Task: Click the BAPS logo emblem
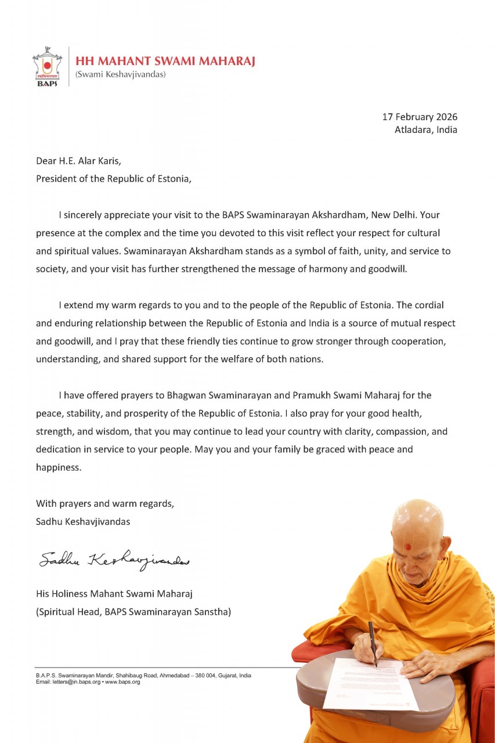[x=47, y=66]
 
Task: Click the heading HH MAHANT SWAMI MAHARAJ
[x=165, y=62]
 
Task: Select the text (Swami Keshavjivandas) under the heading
[x=121, y=74]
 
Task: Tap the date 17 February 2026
[x=420, y=117]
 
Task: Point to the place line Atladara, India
[x=426, y=129]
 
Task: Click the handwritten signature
[x=114, y=559]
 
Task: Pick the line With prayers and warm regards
[x=104, y=503]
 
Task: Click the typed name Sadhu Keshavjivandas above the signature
[x=83, y=521]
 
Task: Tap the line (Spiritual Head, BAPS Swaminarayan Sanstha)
[x=133, y=611]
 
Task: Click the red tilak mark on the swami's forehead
[x=408, y=546]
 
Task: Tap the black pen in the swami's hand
[x=372, y=641]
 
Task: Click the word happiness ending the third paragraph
[x=59, y=467]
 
